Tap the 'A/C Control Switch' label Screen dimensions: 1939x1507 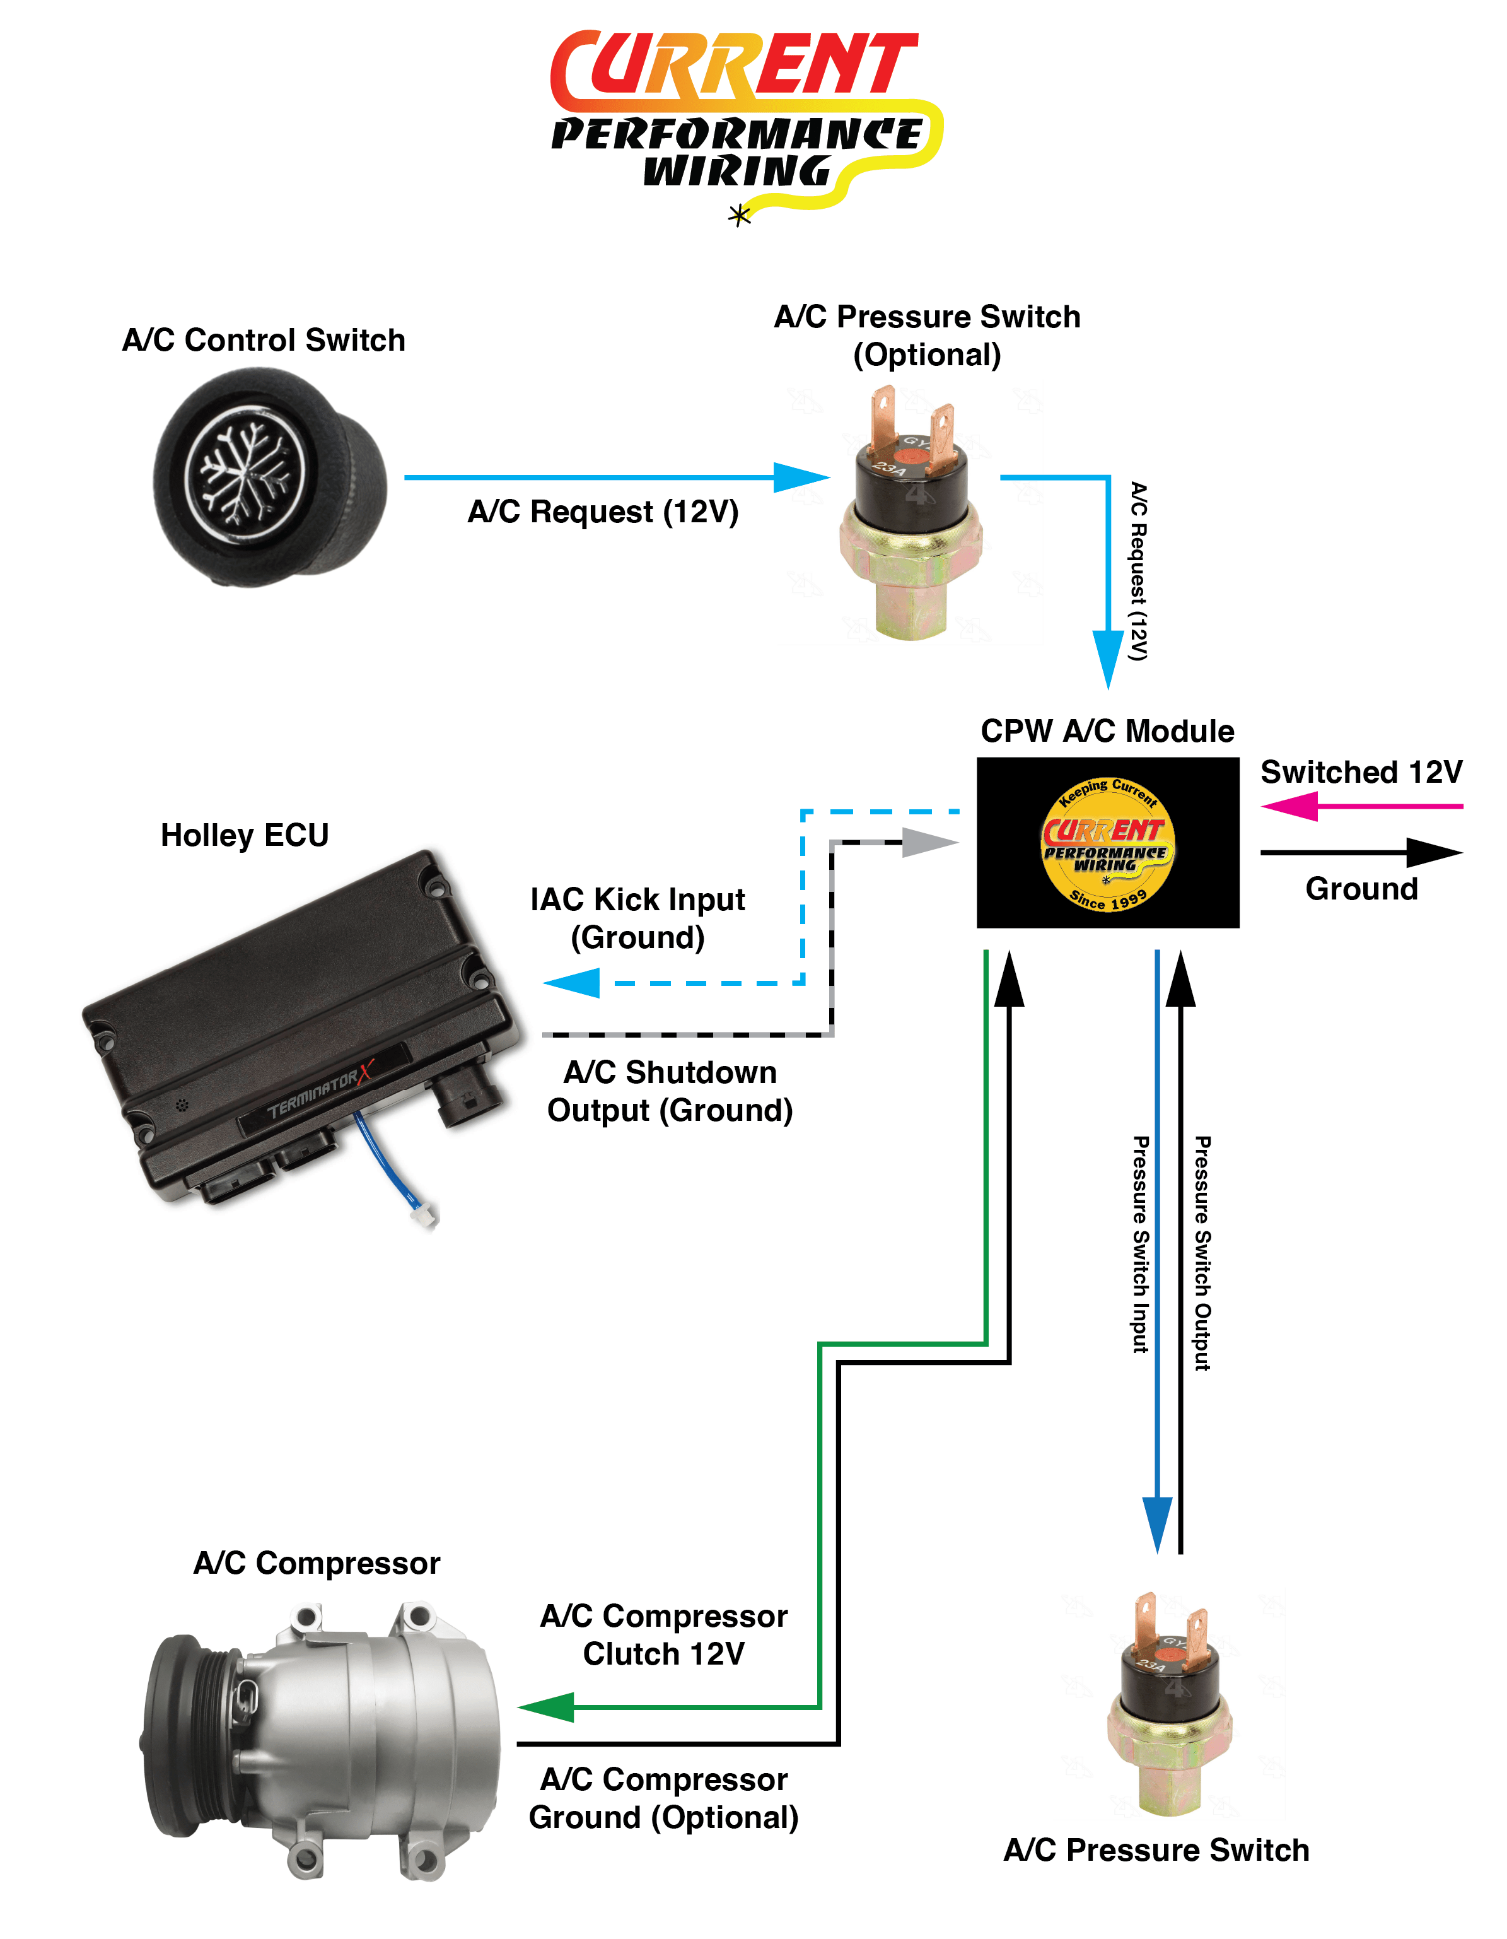[264, 340]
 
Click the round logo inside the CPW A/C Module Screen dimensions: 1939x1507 [1108, 843]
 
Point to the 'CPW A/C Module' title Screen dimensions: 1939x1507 [1107, 730]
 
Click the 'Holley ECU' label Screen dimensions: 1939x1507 [244, 835]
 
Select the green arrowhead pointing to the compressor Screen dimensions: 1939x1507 [547, 1706]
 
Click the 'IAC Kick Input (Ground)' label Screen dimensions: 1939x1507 [637, 918]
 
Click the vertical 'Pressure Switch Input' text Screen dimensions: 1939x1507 [1141, 1243]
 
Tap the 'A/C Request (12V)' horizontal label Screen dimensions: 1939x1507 [603, 512]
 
